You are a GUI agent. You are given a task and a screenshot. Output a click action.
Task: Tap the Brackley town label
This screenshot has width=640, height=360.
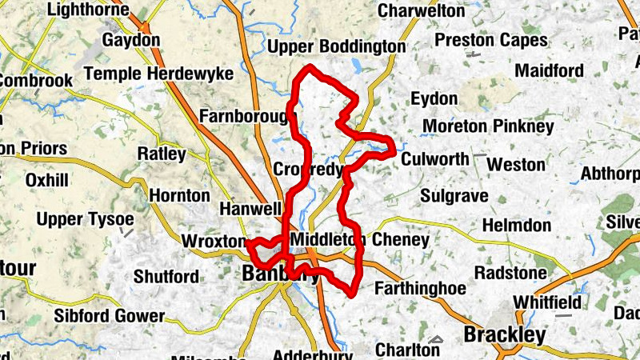click(x=507, y=334)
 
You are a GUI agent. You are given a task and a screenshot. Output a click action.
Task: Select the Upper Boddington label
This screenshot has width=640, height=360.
click(x=337, y=47)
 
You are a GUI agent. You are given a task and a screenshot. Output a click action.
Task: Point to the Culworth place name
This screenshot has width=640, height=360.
click(x=434, y=158)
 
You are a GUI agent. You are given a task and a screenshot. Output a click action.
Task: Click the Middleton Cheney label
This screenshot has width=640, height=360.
click(x=361, y=239)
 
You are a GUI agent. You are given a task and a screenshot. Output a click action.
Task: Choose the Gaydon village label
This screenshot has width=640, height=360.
click(x=131, y=39)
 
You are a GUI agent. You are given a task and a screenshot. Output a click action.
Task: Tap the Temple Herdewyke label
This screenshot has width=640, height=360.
click(x=158, y=74)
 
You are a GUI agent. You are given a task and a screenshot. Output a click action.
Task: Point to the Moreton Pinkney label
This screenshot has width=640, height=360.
click(x=488, y=126)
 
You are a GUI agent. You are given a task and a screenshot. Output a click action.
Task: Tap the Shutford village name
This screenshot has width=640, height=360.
click(x=166, y=277)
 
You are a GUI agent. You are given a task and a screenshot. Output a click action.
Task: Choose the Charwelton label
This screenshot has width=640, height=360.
click(x=421, y=11)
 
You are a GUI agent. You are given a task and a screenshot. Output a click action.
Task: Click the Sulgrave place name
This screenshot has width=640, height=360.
click(x=450, y=194)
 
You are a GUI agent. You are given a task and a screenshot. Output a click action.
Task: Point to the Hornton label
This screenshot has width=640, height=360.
click(x=180, y=195)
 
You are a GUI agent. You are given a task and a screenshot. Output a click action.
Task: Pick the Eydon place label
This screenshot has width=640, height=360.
click(x=434, y=99)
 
